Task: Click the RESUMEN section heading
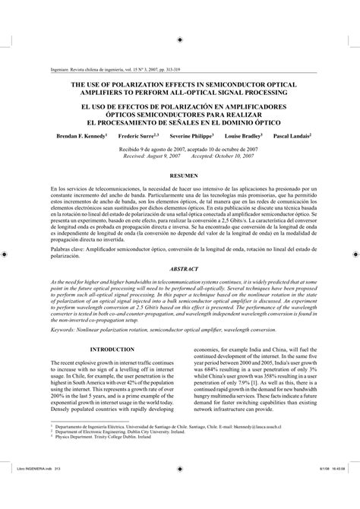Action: click(x=179, y=175)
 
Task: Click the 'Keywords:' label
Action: click(x=65, y=308)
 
